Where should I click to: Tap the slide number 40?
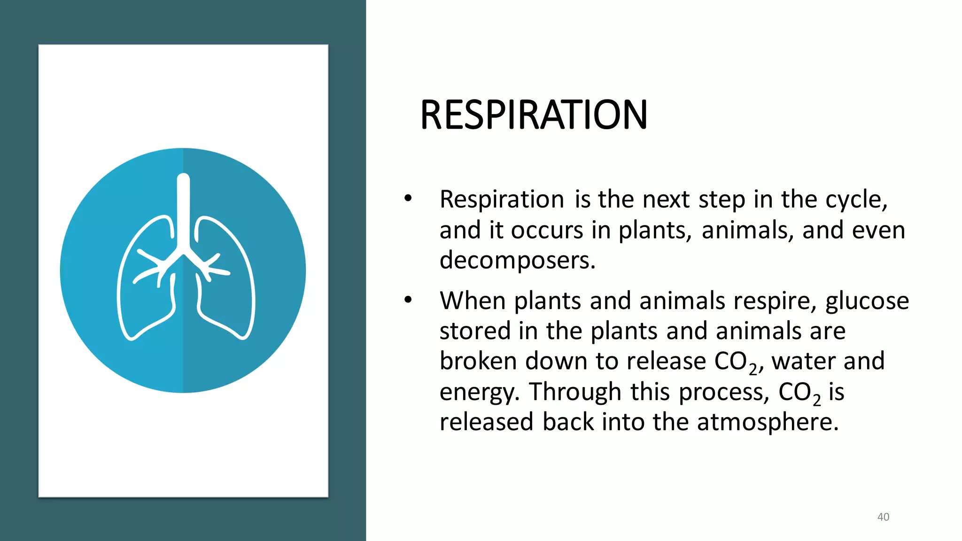tap(883, 517)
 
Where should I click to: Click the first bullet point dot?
tap(408, 199)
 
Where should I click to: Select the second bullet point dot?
tap(408, 300)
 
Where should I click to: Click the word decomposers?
tap(517, 261)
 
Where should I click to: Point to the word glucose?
tap(867, 301)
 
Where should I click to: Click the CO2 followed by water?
tap(736, 362)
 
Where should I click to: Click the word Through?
tap(575, 392)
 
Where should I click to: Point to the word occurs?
tap(546, 231)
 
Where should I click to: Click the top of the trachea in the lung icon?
tap(183, 179)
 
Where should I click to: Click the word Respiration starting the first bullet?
tap(501, 200)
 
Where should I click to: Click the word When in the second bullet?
tap(472, 301)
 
